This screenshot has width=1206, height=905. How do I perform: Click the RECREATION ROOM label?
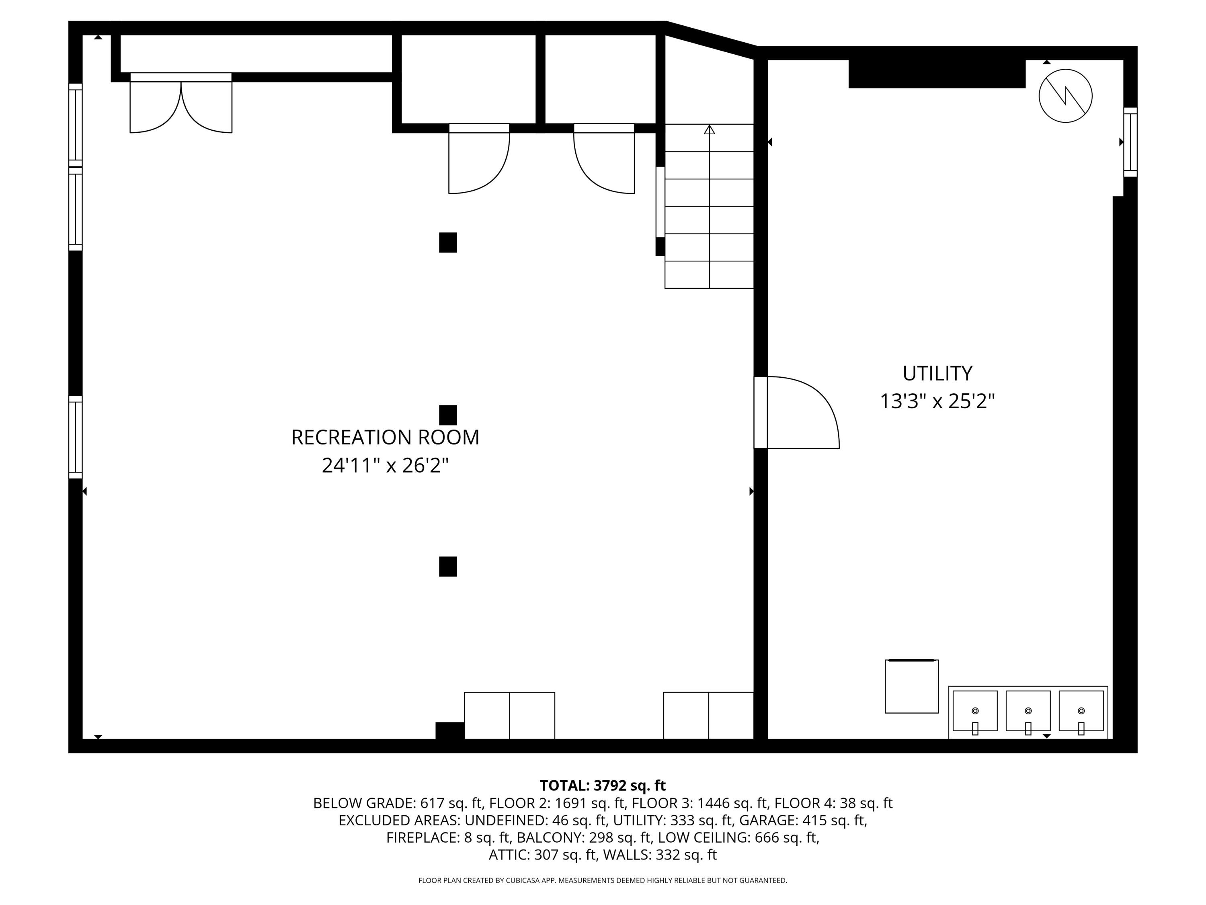click(x=385, y=438)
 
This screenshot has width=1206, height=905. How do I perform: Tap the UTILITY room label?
click(x=937, y=374)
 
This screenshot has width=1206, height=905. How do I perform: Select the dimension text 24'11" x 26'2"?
click(x=385, y=466)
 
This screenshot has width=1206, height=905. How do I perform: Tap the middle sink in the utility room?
click(x=1028, y=712)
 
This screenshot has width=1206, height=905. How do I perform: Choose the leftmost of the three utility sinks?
click(x=975, y=712)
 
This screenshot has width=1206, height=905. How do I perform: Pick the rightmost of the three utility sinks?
click(x=1081, y=712)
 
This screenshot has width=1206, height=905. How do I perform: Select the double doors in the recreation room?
click(x=181, y=105)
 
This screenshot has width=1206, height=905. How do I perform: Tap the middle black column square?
click(x=447, y=415)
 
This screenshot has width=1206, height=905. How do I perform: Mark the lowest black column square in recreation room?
click(x=447, y=567)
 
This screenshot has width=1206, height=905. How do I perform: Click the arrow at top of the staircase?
click(x=709, y=130)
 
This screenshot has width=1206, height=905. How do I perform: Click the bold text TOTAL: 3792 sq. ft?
click(x=603, y=786)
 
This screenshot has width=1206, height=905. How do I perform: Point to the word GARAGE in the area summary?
click(x=768, y=821)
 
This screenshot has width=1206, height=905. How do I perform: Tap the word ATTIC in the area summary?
click(x=507, y=855)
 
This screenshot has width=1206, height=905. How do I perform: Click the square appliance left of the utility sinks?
click(x=911, y=686)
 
